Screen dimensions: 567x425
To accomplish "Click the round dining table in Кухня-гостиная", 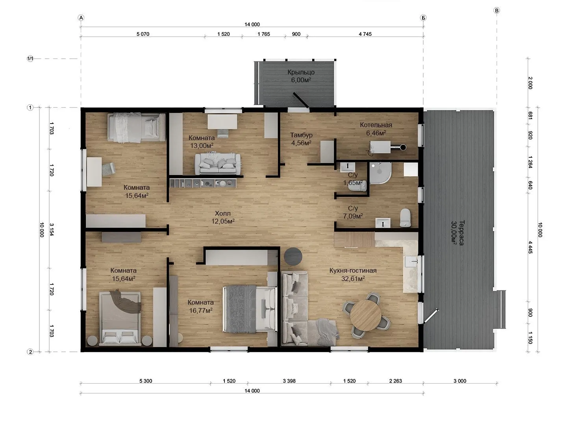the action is (x=365, y=315).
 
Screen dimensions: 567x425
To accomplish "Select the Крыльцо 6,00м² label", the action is (x=301, y=76).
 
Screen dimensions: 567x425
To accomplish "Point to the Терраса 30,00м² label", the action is (x=458, y=233).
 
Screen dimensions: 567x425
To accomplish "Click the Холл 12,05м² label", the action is (x=223, y=217).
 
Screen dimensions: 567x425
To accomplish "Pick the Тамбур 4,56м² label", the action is (x=301, y=139).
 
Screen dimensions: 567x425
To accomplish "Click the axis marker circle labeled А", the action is (x=81, y=18).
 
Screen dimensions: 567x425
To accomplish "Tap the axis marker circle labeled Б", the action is (x=423, y=18).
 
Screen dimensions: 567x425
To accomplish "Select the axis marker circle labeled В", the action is (x=497, y=11).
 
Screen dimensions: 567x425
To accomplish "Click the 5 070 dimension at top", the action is (x=143, y=34).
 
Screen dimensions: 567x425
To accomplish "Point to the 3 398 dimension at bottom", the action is (x=289, y=381).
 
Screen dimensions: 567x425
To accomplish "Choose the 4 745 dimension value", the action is (x=365, y=34).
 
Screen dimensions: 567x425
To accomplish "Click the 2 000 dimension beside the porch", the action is (x=530, y=83).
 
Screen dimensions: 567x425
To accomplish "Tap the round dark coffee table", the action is (x=293, y=256).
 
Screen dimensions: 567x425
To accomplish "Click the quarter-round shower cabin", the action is (x=380, y=173).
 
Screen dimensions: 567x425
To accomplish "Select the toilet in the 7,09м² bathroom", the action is (x=405, y=218).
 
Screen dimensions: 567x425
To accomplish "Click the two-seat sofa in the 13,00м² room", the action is (x=218, y=164).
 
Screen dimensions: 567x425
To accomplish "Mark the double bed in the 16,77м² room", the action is (x=250, y=309).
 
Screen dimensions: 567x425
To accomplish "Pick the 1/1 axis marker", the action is (x=30, y=59).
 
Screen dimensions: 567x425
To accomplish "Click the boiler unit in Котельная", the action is (x=380, y=147).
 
